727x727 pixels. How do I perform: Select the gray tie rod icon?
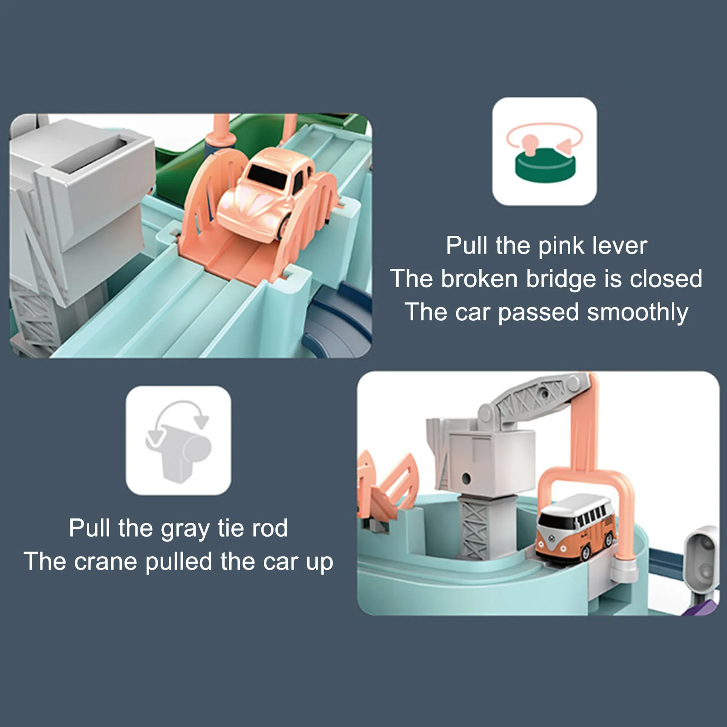click(179, 440)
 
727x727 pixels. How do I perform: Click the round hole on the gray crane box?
click(466, 478)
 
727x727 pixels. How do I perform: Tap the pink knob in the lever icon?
click(529, 142)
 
